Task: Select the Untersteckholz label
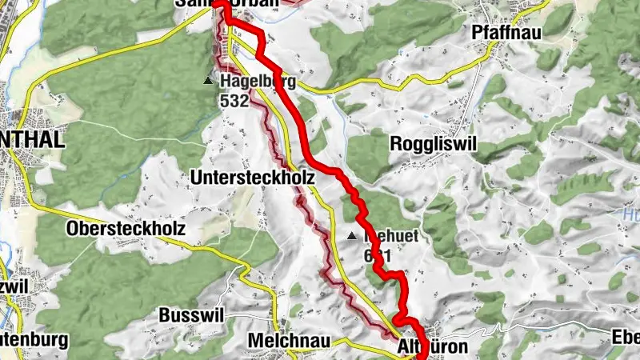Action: (253, 177)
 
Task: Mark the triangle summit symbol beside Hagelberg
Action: (209, 81)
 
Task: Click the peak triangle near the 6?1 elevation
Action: (352, 236)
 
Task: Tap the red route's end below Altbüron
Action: (422, 356)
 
